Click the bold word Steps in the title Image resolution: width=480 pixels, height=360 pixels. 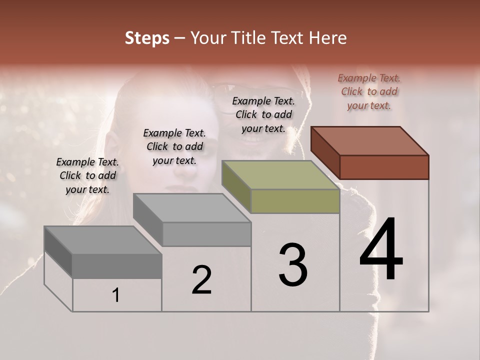coord(147,38)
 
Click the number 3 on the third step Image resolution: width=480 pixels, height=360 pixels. coord(293,265)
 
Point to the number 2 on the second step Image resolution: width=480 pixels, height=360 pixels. coord(201,280)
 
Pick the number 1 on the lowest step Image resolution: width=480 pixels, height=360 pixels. coord(115,295)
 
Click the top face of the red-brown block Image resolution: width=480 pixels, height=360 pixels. coord(370,140)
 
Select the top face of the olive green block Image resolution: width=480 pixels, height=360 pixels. coord(280,175)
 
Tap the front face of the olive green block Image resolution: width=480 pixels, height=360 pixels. coord(295,201)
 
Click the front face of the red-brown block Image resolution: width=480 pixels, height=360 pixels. coord(384,167)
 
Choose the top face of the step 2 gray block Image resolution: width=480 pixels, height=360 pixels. coord(192,207)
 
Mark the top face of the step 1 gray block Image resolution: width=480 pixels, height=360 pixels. coord(102,240)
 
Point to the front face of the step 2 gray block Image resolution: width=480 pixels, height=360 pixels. coord(206,234)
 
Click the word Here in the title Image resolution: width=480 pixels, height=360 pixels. coord(328,38)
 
